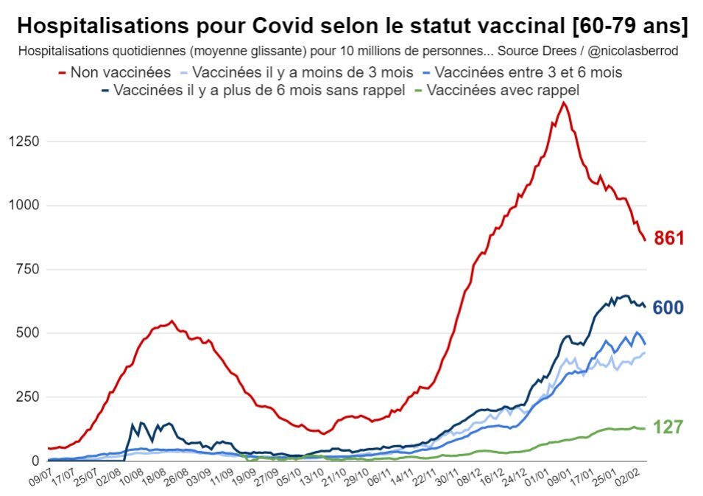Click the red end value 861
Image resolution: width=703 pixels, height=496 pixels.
pos(670,238)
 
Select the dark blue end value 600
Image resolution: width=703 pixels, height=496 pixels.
pos(668,308)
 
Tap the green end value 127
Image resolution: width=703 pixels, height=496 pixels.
pos(668,427)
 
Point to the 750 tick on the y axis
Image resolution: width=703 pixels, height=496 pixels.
pos(27,269)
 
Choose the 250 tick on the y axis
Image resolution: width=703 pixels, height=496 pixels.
pos(27,397)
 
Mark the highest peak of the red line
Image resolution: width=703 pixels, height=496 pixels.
pos(564,102)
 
